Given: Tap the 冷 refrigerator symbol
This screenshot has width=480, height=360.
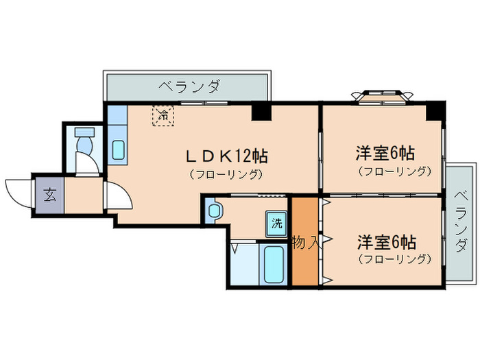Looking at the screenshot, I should click(163, 115).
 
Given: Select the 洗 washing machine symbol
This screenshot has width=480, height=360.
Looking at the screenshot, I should click(276, 222).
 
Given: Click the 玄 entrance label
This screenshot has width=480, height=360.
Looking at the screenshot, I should click(49, 195).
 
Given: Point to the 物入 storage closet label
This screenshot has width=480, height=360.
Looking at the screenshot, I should click(304, 243).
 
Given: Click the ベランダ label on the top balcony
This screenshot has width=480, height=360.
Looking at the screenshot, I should click(189, 86).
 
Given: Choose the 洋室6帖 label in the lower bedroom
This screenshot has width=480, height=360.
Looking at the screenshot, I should click(385, 242).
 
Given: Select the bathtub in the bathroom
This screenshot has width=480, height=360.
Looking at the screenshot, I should click(273, 264).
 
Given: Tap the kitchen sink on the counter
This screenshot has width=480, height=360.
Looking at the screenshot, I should click(118, 149).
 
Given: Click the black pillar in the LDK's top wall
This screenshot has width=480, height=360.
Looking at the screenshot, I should click(260, 111).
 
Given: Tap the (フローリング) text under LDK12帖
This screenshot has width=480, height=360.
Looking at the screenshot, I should click(226, 174).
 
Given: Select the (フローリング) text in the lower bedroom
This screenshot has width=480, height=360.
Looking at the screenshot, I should click(394, 259).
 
